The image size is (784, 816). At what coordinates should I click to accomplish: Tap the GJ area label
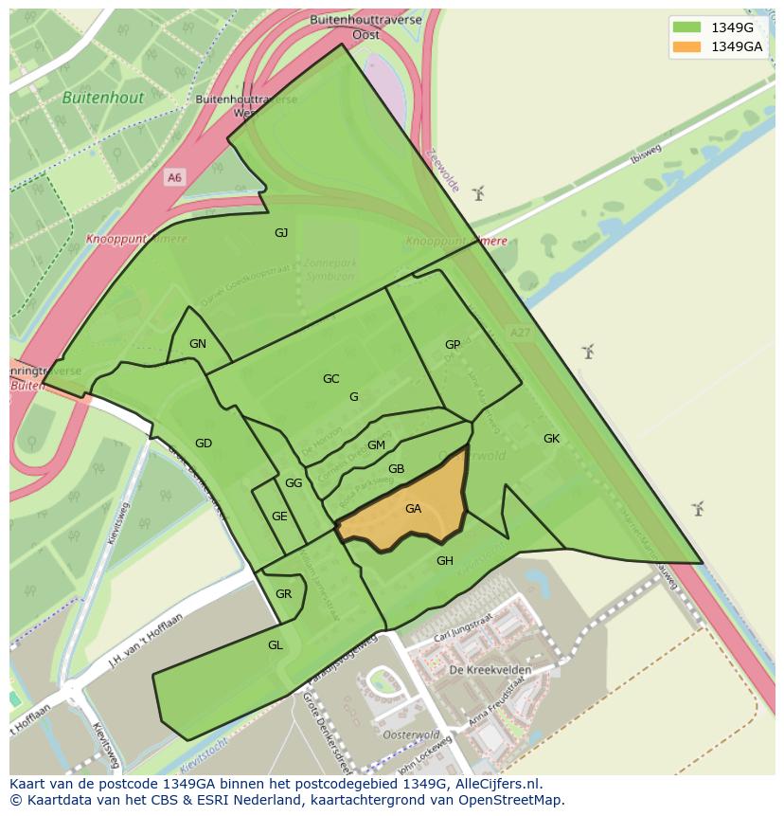coord(281,233)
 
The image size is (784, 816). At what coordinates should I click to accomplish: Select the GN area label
coord(198,344)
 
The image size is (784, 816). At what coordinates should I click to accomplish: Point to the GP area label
coord(453,345)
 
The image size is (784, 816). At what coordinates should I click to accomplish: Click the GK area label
coord(552,439)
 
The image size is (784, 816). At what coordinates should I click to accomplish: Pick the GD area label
coord(204,444)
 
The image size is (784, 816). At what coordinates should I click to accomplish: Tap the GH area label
coord(445,561)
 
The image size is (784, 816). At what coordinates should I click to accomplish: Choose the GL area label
coord(276,645)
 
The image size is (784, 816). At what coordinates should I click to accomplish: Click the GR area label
coord(283,594)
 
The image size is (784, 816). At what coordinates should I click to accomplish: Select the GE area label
coord(279,517)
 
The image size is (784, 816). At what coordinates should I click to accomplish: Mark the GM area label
coord(376,445)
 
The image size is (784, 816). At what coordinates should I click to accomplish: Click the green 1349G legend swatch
coord(686,27)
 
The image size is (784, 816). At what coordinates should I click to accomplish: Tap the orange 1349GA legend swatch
coord(686,46)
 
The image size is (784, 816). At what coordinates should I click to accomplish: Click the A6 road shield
coord(173,177)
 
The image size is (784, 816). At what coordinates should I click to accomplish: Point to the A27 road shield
coord(520,333)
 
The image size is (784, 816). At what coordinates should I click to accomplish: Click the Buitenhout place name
coord(103,98)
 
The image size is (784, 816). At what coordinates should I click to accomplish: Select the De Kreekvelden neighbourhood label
coord(490,670)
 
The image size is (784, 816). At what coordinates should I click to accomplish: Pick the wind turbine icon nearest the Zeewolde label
coord(478,194)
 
